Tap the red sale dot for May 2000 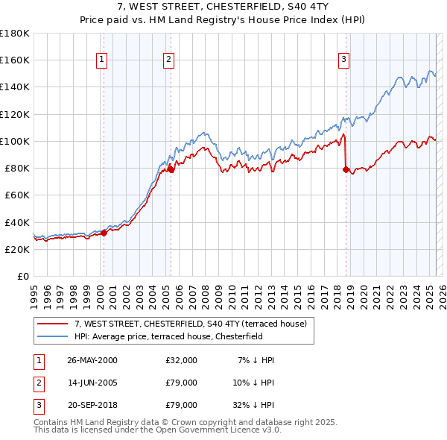104,233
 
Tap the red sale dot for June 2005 171,169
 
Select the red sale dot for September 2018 346,169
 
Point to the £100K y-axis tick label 15,141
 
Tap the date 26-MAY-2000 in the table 92,360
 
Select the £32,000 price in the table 181,360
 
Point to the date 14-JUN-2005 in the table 92,383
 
